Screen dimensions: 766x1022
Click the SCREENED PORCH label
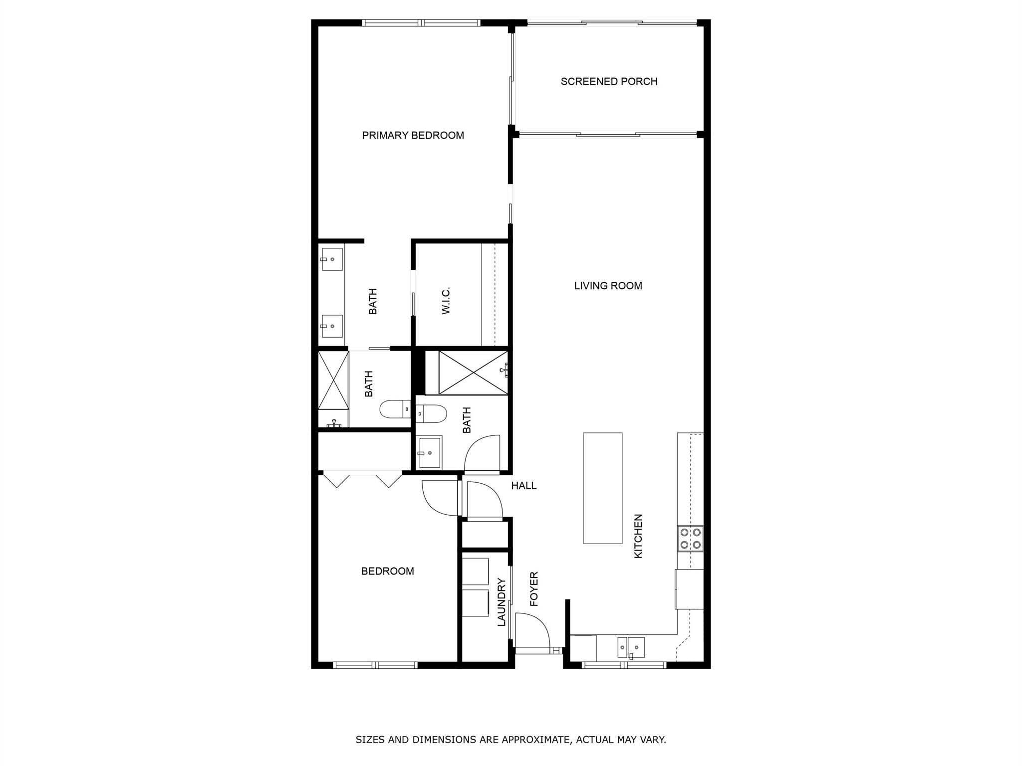609,81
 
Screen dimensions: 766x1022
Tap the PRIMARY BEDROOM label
413,135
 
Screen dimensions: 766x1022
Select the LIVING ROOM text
608,286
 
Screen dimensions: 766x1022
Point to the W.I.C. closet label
446,300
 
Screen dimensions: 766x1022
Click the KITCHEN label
638,536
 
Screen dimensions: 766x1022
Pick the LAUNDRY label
502,602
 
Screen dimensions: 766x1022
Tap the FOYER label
534,589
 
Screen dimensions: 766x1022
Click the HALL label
523,486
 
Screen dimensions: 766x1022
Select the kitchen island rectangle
602,488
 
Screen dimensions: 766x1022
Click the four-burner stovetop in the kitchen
690,539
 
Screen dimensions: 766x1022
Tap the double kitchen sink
631,647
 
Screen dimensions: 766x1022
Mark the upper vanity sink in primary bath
332,259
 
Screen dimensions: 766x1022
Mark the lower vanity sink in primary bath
332,326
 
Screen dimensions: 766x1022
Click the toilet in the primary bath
394,410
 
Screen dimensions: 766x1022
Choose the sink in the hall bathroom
430,452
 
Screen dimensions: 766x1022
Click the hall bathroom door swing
482,453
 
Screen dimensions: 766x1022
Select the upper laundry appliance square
475,571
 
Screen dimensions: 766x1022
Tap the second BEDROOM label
387,571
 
